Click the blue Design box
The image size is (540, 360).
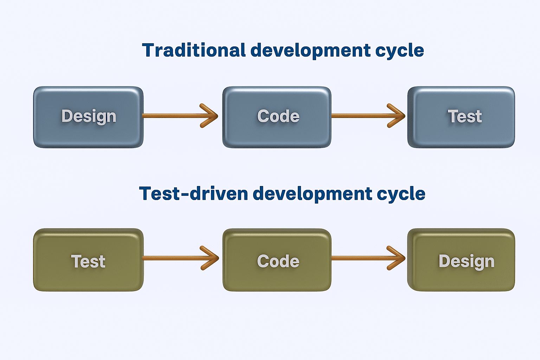click(88, 117)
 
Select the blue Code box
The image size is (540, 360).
click(277, 117)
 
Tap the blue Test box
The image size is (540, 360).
click(461, 117)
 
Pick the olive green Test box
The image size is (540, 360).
click(88, 260)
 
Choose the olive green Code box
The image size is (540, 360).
click(277, 260)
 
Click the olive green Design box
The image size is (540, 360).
click(461, 260)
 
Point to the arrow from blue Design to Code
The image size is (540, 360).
click(176, 116)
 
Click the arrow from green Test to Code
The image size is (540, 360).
click(176, 258)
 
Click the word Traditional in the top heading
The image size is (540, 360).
click(193, 50)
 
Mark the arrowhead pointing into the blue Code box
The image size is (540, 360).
click(211, 116)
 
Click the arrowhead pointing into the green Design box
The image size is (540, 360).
click(398, 258)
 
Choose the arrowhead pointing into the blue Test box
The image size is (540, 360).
click(398, 116)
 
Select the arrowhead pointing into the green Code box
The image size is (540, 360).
click(212, 258)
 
